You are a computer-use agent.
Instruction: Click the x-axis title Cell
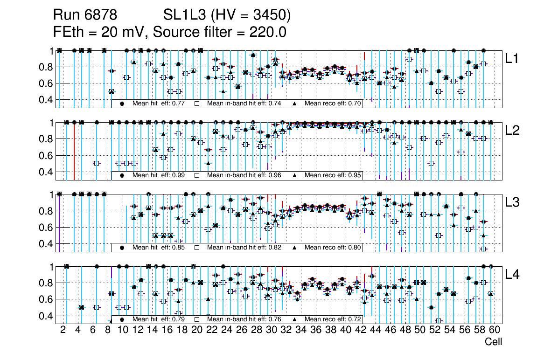click(x=493, y=342)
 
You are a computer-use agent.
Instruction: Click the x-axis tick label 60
click(x=494, y=330)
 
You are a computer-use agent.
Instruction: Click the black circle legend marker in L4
click(x=122, y=319)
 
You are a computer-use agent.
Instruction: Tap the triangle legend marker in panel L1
click(x=295, y=104)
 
